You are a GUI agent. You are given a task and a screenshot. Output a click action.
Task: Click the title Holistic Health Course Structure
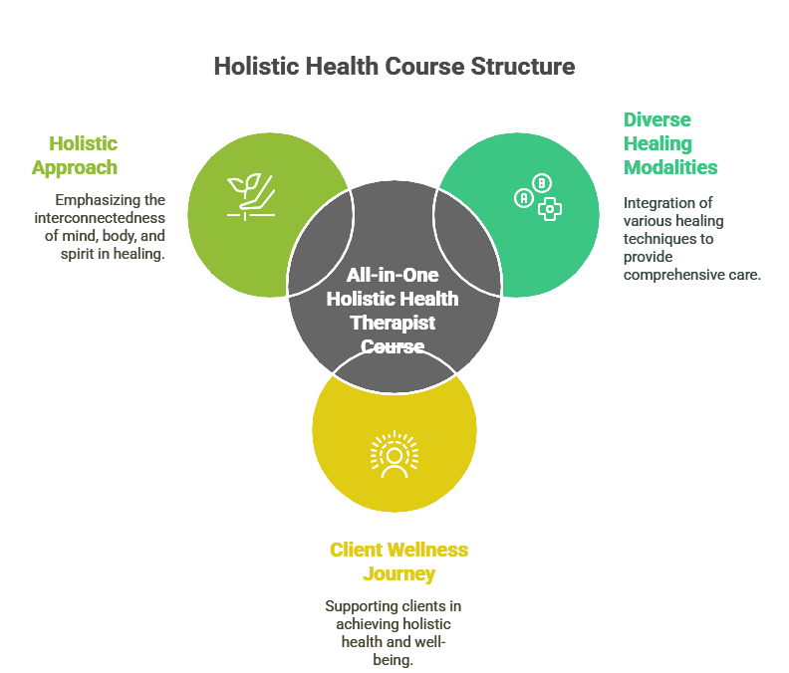coord(394,67)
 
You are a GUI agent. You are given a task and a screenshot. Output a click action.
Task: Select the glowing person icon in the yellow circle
coord(394,453)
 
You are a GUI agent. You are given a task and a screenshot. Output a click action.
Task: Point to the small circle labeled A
coord(523,198)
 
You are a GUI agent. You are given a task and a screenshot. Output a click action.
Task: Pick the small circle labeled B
coord(542,183)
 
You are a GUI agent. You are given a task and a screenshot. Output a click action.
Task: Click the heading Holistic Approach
coord(75,155)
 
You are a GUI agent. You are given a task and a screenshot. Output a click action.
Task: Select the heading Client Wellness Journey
coord(398,561)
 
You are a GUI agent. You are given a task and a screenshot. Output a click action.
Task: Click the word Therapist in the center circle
coord(394,323)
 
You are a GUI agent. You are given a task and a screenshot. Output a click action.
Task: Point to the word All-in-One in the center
coord(393,276)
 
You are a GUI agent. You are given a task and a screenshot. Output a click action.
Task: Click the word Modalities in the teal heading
coord(670,167)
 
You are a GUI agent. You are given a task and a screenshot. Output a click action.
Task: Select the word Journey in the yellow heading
coord(398,574)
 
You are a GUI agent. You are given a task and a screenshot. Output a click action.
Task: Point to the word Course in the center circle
coord(394,346)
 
